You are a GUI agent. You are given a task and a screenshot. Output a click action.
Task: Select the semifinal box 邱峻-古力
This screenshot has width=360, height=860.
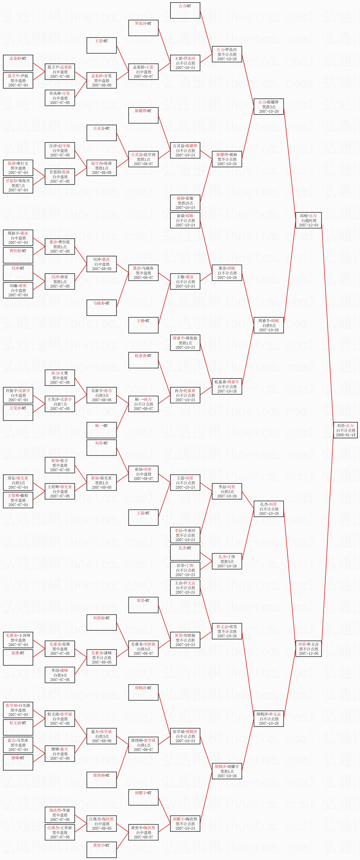(x=308, y=220)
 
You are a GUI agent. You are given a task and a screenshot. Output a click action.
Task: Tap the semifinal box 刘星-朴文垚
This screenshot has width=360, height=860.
(x=308, y=649)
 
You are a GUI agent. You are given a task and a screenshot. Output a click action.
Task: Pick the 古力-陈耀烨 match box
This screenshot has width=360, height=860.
(x=268, y=107)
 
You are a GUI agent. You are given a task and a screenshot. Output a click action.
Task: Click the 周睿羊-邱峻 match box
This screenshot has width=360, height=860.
(x=268, y=325)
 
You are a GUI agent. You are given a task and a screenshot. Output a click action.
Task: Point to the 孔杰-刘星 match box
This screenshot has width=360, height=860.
(x=268, y=509)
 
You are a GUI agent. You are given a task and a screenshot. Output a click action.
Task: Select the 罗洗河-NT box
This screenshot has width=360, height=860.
(x=143, y=28)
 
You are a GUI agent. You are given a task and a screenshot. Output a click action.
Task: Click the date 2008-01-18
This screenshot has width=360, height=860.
(x=345, y=435)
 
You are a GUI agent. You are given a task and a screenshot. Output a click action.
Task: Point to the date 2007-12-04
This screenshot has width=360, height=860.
(x=308, y=225)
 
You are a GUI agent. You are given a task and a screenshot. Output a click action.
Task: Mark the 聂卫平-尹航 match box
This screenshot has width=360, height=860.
(x=18, y=80)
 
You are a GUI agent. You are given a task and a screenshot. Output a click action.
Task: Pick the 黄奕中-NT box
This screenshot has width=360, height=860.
(x=102, y=850)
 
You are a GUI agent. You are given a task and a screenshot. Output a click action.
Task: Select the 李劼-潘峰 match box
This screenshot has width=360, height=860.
(x=60, y=675)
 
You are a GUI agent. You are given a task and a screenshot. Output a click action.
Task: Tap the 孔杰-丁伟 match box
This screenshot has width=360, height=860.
(x=227, y=561)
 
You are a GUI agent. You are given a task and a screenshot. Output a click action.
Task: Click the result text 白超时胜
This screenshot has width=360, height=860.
(x=308, y=220)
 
